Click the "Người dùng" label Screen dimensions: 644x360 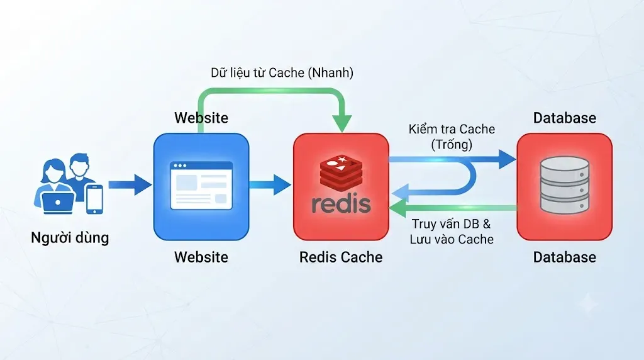(x=70, y=238)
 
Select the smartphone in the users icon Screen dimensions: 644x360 (x=94, y=200)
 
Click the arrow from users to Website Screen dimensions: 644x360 (x=130, y=185)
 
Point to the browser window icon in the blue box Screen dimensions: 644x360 (x=201, y=185)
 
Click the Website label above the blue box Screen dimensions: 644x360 (x=201, y=118)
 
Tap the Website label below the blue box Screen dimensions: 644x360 (x=201, y=257)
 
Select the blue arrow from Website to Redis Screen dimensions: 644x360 (x=270, y=185)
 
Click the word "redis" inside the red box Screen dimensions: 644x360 (x=341, y=205)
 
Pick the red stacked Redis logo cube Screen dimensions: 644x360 (x=341, y=173)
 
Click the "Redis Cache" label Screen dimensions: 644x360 (x=341, y=257)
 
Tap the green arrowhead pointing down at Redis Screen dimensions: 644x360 (x=341, y=123)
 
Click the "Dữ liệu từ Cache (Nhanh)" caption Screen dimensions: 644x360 (x=282, y=73)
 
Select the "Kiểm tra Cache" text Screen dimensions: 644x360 (x=452, y=129)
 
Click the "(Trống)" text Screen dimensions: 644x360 (x=452, y=145)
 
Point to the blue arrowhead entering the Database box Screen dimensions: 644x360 (x=508, y=159)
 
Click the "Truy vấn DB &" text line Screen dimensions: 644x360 (x=452, y=224)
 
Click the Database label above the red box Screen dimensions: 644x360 (x=565, y=118)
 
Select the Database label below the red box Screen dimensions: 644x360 (x=565, y=257)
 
